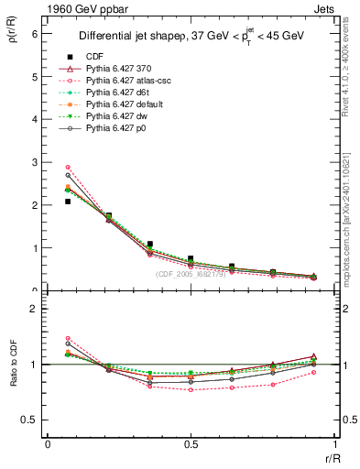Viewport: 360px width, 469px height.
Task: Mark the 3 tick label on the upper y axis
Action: point(36,162)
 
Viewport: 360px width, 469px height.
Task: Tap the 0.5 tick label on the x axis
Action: point(190,444)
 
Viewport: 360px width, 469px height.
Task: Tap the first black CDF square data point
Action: point(68,202)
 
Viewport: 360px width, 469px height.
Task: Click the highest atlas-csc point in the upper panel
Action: point(68,167)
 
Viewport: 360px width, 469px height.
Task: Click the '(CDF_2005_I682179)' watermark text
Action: point(191,273)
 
